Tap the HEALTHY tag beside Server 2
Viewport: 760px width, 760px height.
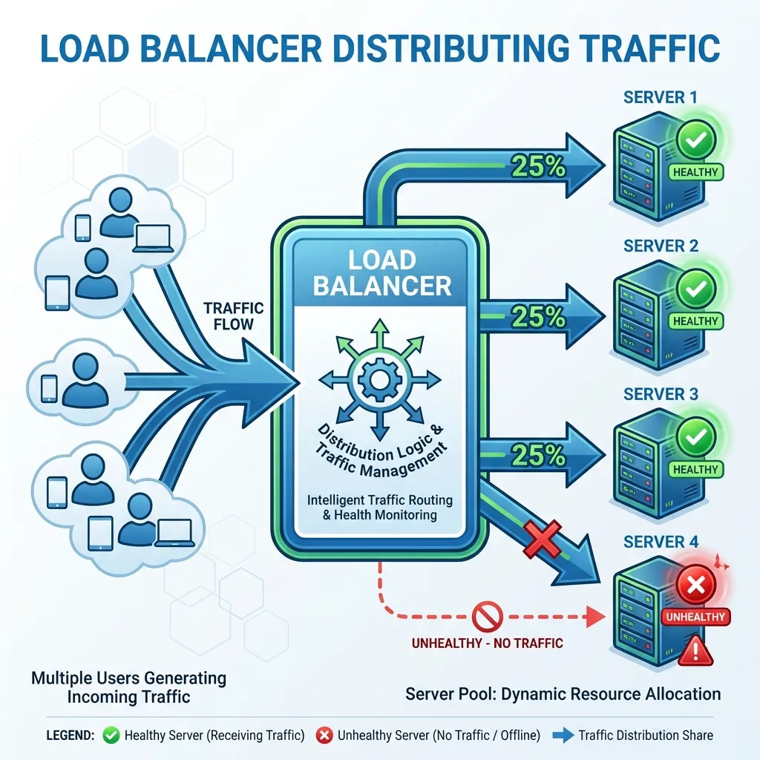(x=695, y=321)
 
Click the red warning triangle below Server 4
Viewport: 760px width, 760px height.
(x=696, y=651)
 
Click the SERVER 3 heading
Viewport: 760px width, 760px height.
(x=661, y=394)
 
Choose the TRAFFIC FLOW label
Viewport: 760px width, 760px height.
(x=233, y=316)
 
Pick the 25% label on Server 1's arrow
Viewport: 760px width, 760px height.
(x=539, y=166)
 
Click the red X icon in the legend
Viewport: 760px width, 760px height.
(x=324, y=736)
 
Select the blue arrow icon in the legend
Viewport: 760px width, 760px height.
(x=563, y=736)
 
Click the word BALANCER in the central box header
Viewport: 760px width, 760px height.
(x=381, y=286)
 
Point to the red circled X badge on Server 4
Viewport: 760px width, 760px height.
(x=695, y=586)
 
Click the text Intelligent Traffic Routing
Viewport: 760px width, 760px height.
(x=379, y=500)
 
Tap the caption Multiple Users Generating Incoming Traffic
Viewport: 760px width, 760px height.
(x=128, y=687)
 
